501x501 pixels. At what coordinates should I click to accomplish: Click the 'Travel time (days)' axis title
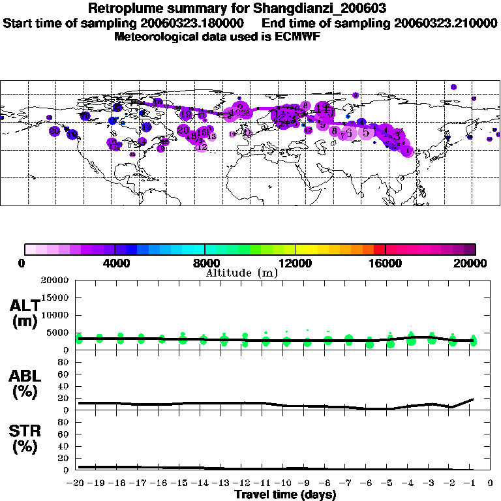click(285, 494)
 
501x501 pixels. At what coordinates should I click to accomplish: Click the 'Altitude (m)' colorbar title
click(241, 273)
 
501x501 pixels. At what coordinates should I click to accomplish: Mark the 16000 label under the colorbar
click(386, 264)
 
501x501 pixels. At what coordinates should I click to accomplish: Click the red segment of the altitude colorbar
click(380, 249)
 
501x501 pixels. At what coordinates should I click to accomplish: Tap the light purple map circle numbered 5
click(366, 132)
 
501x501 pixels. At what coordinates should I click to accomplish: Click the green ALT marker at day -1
click(473, 341)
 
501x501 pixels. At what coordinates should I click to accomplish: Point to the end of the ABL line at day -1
click(472, 399)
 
